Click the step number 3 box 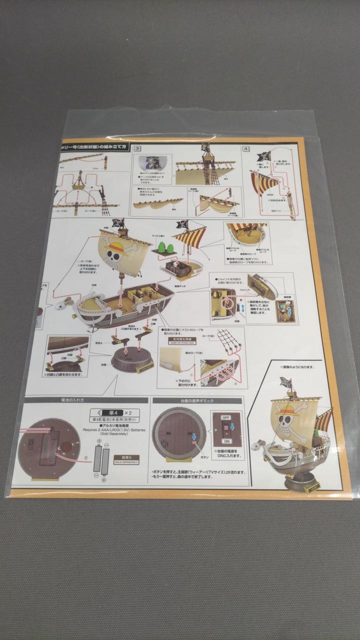(x=137, y=148)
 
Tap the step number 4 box (x=246, y=148)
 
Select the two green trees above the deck (x=165, y=246)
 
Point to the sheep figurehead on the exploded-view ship (x=64, y=304)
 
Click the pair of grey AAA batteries (x=101, y=460)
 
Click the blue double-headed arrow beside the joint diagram (x=242, y=309)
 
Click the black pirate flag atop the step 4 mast (x=264, y=156)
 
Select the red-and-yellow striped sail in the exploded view (x=190, y=237)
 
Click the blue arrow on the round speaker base (x=194, y=436)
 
